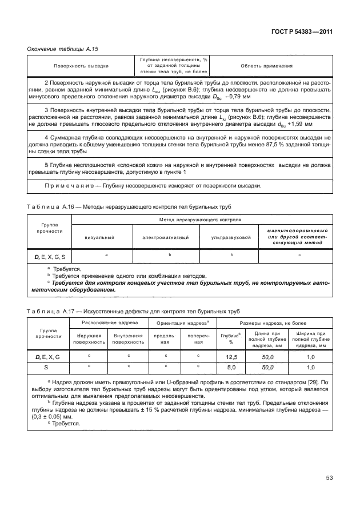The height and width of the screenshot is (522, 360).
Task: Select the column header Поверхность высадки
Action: [82, 66]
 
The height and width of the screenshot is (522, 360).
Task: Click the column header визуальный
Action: [99, 237]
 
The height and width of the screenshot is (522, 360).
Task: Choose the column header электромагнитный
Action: [166, 237]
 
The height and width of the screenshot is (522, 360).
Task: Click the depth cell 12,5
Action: [231, 357]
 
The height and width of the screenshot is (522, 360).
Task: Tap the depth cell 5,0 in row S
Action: [231, 368]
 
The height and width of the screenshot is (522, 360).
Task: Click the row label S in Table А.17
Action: [47, 368]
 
